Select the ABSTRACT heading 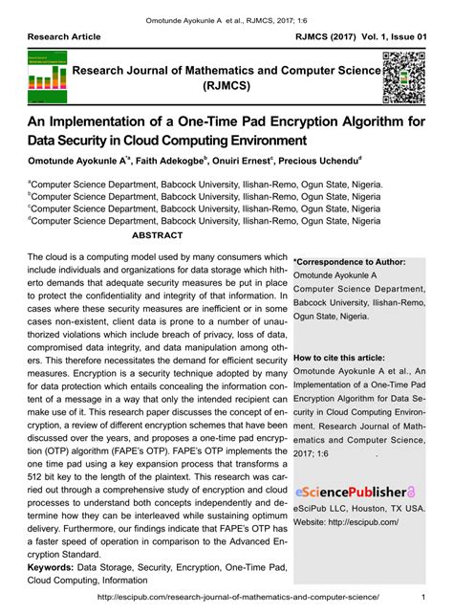pyautogui.click(x=157, y=233)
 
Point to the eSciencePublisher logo pyautogui.click(x=354, y=491)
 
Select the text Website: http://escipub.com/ pyautogui.click(x=346, y=522)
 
